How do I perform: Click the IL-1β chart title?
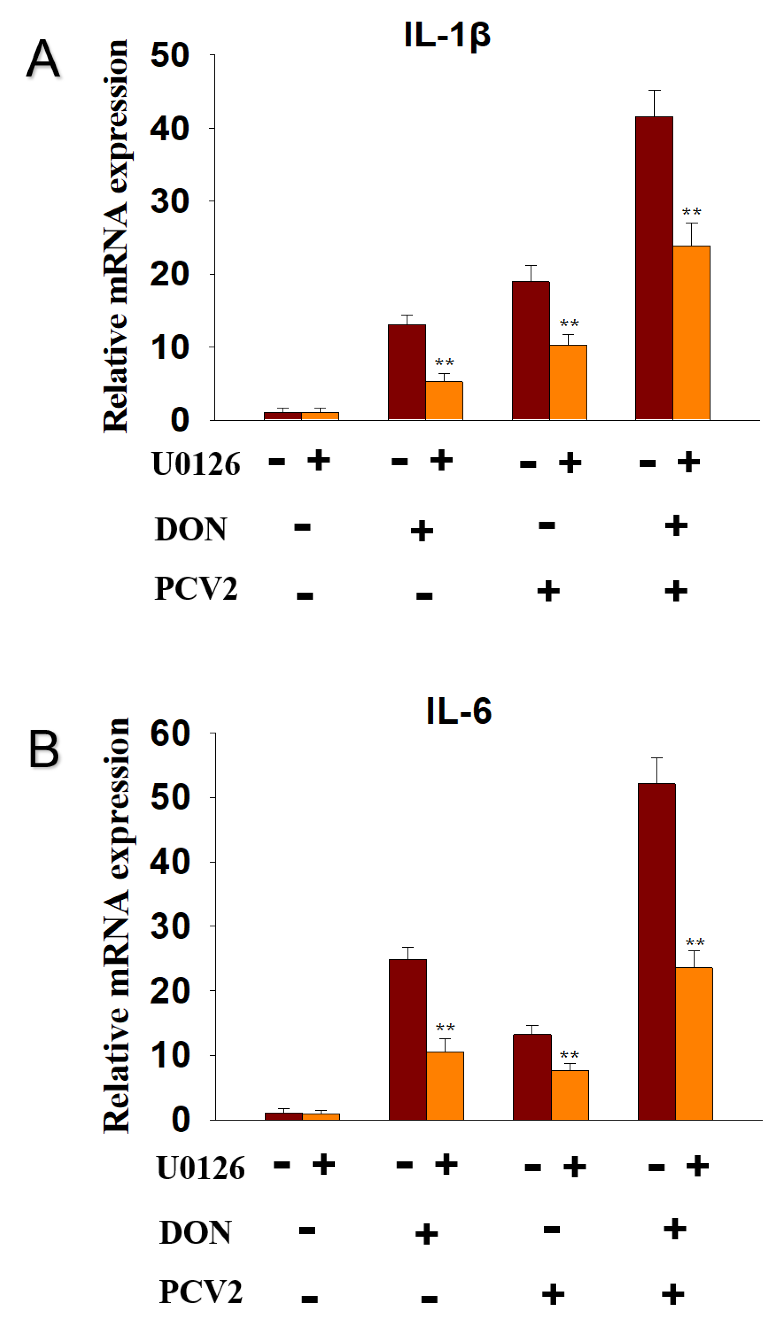[x=447, y=35]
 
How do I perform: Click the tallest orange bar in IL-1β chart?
[x=691, y=333]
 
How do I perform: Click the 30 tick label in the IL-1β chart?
[x=170, y=201]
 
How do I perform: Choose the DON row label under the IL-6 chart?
[x=195, y=1232]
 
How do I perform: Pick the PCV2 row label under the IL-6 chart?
[x=201, y=1292]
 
